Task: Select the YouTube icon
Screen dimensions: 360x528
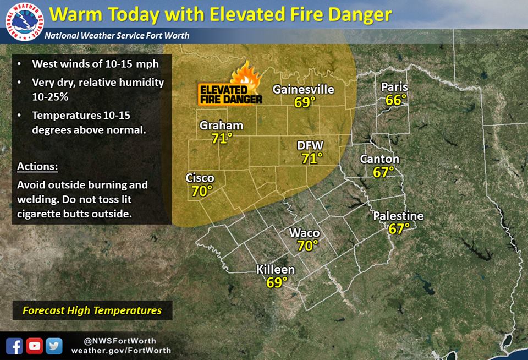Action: pos(35,346)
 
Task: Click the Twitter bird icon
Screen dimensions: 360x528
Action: pos(53,346)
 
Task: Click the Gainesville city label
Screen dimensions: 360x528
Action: pos(304,89)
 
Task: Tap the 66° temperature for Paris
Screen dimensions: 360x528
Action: pos(396,100)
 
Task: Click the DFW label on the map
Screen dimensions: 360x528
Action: pos(311,146)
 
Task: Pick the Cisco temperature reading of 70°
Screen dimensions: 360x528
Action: pos(202,191)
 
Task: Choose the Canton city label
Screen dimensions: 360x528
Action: pos(380,159)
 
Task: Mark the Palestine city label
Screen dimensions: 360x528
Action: pos(398,216)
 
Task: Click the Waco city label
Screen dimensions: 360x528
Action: pos(305,233)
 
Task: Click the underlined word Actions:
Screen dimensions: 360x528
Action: pos(37,166)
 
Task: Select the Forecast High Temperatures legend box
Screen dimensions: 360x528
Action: pos(92,310)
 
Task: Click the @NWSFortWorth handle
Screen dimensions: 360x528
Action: pos(120,341)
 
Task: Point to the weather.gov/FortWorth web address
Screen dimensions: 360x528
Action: pos(121,351)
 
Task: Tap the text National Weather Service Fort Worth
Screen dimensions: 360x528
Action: pos(117,36)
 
